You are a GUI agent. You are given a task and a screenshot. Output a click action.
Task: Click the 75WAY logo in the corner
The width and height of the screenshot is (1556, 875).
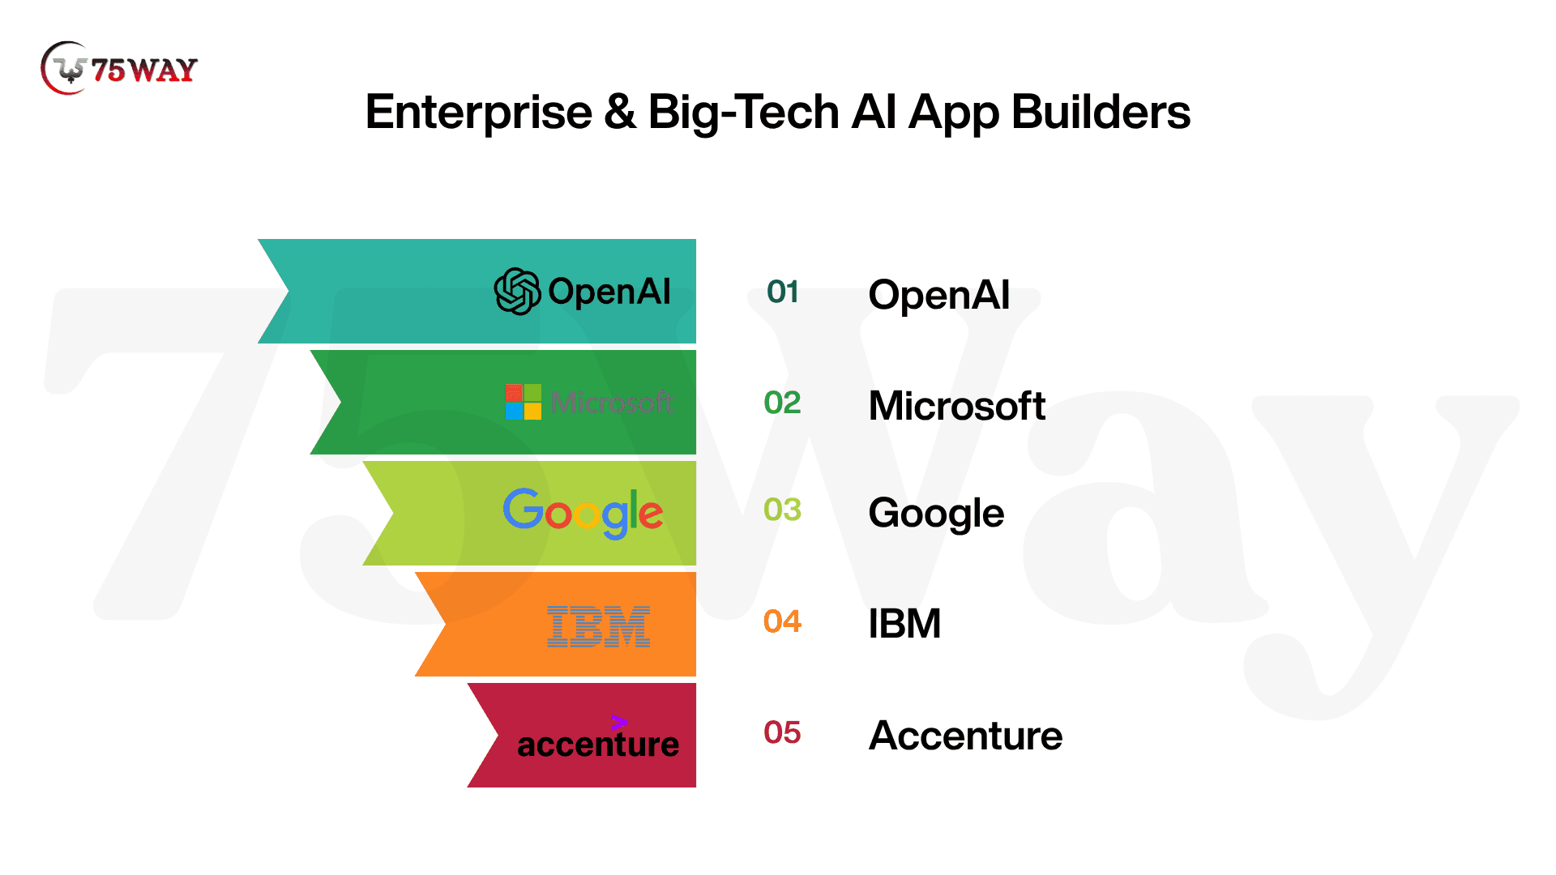pos(118,69)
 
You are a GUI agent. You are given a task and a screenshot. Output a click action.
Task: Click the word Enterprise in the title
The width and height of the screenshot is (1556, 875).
pos(479,113)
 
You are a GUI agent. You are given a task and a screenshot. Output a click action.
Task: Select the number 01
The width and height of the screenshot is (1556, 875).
pos(783,292)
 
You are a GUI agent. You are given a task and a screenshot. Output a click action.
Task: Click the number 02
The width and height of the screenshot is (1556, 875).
pos(782,403)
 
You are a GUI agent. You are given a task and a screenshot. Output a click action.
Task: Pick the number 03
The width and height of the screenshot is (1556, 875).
pos(782,510)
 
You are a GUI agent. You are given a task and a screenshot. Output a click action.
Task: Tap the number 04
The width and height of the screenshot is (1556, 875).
pos(782,621)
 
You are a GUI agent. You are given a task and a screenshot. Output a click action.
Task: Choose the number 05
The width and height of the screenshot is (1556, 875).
pos(782,732)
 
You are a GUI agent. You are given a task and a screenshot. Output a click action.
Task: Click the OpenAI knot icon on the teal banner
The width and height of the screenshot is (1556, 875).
pos(517,291)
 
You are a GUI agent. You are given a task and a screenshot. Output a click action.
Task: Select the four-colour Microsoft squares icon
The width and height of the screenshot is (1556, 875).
pos(523,402)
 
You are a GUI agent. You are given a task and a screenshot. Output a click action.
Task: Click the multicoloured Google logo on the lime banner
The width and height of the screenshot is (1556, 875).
pos(583,513)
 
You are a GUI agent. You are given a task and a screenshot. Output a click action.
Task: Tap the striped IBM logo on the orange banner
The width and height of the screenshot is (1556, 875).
pos(598,626)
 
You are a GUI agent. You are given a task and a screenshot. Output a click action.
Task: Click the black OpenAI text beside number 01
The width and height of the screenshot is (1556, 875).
pos(938,294)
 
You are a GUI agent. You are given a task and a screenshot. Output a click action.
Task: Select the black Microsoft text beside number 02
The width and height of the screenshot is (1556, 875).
pos(956,405)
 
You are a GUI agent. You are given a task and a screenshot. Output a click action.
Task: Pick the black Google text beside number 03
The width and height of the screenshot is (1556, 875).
pos(936,514)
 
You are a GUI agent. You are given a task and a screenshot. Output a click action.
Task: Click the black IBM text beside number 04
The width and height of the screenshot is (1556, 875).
pos(904,623)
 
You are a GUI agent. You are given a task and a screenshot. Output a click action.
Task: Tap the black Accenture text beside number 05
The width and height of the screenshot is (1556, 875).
pos(965,735)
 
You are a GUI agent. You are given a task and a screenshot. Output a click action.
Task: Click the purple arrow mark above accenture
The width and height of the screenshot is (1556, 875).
pos(619,722)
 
